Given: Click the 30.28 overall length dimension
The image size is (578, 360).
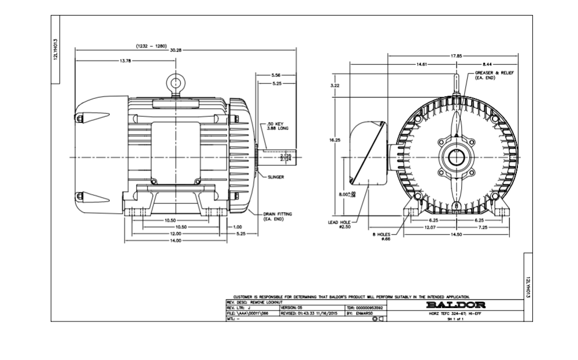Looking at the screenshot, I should [x=176, y=50].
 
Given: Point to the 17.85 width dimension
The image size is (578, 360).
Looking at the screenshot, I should [x=456, y=56].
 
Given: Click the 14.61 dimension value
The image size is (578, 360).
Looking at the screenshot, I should [x=422, y=64].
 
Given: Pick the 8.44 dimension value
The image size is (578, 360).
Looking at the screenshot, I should [x=487, y=64].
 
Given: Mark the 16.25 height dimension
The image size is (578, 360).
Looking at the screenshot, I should [x=335, y=139].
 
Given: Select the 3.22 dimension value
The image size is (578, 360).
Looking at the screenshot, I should [x=335, y=86].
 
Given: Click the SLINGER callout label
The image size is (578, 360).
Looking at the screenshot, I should [x=276, y=177].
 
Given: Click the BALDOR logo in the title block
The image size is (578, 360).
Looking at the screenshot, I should [x=455, y=305].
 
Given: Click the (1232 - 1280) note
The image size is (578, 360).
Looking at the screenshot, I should [x=151, y=45].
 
